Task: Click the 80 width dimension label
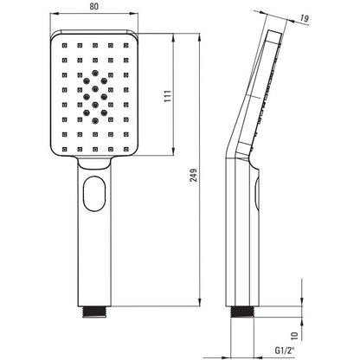click(93, 7)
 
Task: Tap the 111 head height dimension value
click(168, 96)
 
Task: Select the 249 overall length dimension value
click(194, 176)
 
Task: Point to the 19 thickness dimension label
click(304, 18)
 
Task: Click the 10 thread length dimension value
click(294, 336)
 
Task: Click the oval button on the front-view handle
click(94, 194)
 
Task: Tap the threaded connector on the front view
click(94, 312)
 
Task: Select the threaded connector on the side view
click(243, 312)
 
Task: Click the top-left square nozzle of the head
click(64, 45)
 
